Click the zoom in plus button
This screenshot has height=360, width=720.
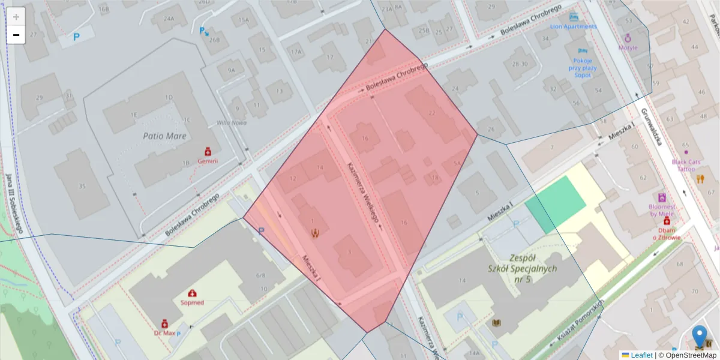pos(16,17)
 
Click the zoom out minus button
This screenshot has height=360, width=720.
pos(16,35)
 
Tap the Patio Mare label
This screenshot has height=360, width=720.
pos(164,136)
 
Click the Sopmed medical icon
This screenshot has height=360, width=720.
pos(193,293)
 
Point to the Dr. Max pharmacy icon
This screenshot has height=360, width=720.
pos(164,323)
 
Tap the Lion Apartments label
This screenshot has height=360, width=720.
pos(574,26)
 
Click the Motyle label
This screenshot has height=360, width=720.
pos(628,47)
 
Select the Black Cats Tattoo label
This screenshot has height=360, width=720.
pos(686,165)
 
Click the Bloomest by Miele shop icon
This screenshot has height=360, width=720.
pos(662,197)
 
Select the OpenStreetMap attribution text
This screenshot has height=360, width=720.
pos(687,355)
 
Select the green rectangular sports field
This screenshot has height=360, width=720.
pos(556,205)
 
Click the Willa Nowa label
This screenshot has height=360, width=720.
pos(232,123)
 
